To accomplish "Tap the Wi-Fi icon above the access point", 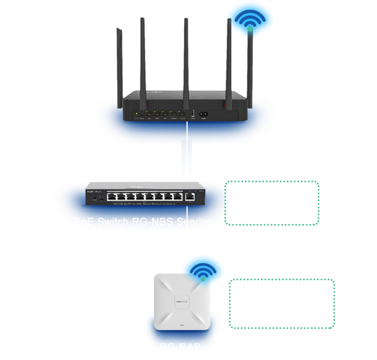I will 202,272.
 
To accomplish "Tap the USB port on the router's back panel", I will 193,114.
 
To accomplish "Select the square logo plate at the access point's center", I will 183,302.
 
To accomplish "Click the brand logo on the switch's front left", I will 94,185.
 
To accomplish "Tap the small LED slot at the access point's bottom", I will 183,327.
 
